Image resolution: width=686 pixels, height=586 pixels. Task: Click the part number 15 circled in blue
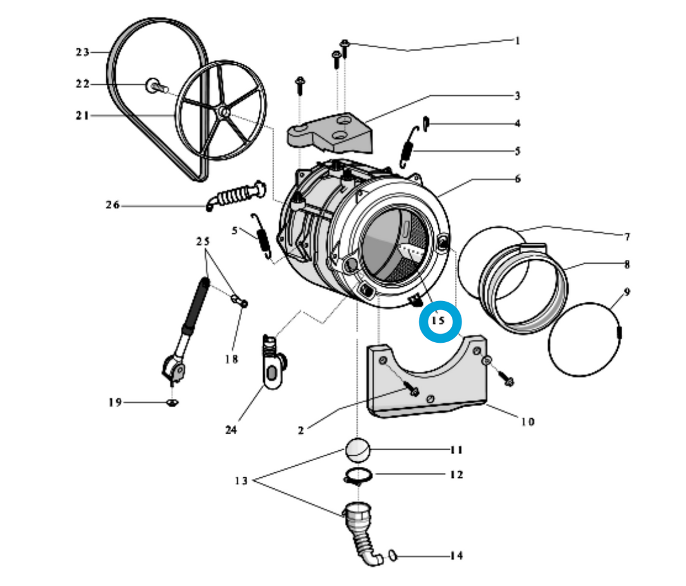coord(439,320)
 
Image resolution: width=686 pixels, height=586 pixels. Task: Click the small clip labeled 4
coord(425,122)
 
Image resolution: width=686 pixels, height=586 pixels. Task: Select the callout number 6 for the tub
coord(517,178)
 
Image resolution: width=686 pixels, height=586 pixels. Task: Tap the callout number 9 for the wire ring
coord(627,292)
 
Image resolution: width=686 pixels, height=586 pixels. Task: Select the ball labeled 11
coord(357,450)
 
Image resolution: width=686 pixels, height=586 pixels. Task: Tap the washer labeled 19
coord(171,403)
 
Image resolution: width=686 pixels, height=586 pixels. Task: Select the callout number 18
coord(232,359)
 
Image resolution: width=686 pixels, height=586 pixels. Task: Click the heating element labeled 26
coord(237,195)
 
